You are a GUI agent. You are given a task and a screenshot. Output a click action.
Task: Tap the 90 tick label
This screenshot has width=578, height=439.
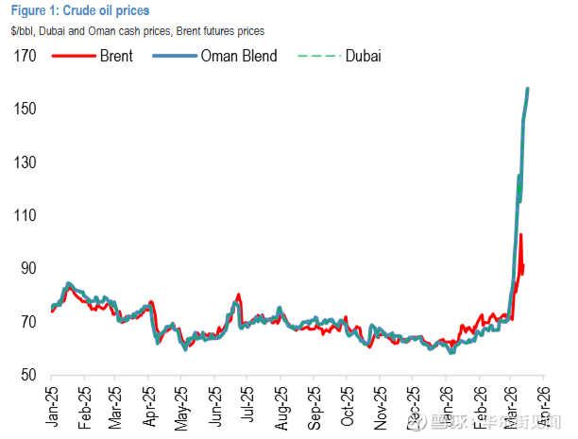(x=27, y=269)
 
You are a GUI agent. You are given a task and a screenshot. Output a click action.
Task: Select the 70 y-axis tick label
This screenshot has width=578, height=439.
(x=27, y=323)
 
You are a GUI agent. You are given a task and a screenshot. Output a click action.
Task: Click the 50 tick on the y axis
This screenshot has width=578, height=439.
(x=27, y=376)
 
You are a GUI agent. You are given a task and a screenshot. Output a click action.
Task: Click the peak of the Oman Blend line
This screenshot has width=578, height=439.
(x=527, y=89)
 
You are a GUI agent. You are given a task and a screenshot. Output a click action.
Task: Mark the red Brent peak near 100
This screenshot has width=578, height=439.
(x=520, y=235)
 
